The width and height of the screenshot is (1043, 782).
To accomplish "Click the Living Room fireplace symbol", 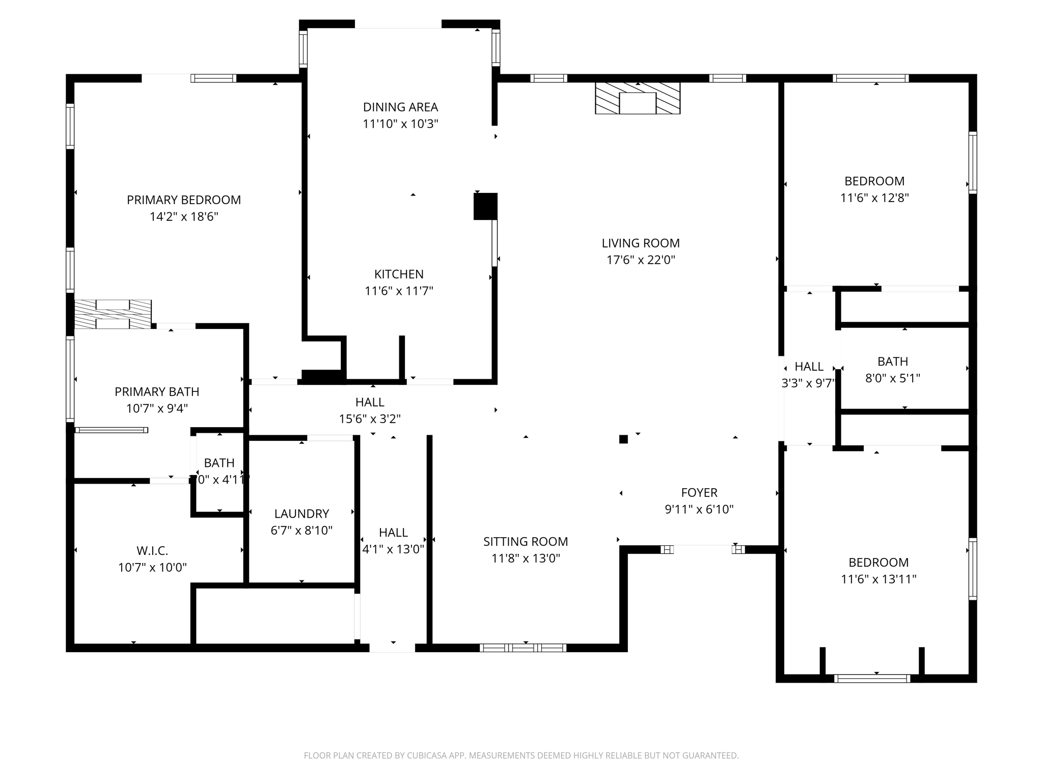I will click(637, 98).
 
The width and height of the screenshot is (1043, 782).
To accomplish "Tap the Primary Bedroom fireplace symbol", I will click(113, 314).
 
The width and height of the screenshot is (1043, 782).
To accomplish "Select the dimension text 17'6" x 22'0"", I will click(640, 260).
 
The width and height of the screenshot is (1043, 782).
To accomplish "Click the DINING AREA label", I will click(400, 107).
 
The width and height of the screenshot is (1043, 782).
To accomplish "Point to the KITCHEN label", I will click(399, 274).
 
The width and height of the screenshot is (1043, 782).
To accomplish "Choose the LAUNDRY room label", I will click(301, 514).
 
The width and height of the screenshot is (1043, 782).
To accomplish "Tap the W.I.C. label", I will click(152, 550).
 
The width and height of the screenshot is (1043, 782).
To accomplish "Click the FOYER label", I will click(699, 492).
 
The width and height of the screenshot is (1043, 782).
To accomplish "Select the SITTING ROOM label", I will click(525, 541).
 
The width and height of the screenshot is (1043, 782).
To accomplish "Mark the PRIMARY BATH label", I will click(156, 392).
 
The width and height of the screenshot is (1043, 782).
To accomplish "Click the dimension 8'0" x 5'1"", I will click(892, 378).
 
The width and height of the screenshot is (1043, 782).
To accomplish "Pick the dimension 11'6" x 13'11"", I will click(879, 579).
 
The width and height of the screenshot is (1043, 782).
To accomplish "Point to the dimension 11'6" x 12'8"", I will click(874, 198).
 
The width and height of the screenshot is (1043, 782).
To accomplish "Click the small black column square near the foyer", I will click(623, 439).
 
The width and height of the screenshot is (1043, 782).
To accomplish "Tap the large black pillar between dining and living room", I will click(485, 206).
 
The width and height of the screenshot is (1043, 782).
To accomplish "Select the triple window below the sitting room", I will click(523, 648).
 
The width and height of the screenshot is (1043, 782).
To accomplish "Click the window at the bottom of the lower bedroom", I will click(872, 678).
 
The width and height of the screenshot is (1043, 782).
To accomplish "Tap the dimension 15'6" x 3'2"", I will click(370, 419).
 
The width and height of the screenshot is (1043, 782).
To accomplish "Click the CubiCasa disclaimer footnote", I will click(521, 756).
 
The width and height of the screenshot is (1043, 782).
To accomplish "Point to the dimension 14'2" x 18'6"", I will click(183, 217).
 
